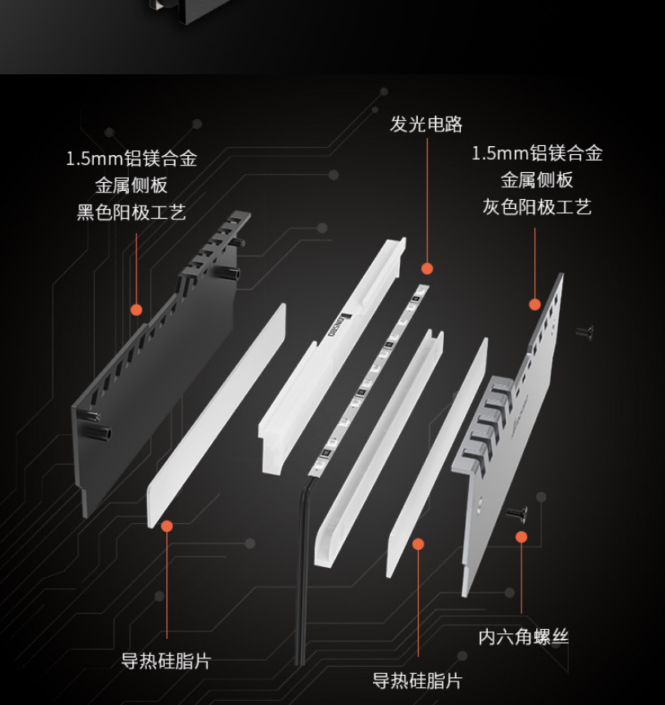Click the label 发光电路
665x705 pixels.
tap(426, 124)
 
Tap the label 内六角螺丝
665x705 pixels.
tap(523, 637)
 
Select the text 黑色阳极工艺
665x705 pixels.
tap(131, 212)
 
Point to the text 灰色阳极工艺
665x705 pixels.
tap(537, 206)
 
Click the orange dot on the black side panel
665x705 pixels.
tap(136, 310)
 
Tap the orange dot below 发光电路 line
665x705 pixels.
tap(427, 269)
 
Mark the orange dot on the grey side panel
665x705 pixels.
tap(534, 305)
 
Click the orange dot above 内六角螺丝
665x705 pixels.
tap(521, 537)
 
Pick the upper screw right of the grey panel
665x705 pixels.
tap(585, 332)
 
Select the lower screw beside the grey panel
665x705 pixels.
tap(517, 513)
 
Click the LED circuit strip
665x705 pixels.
tap(369, 380)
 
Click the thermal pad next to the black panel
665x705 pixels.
tap(217, 416)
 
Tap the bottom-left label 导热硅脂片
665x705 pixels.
tap(166, 661)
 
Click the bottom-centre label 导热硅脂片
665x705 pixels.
tap(417, 681)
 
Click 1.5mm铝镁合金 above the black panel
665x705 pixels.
tap(131, 158)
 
